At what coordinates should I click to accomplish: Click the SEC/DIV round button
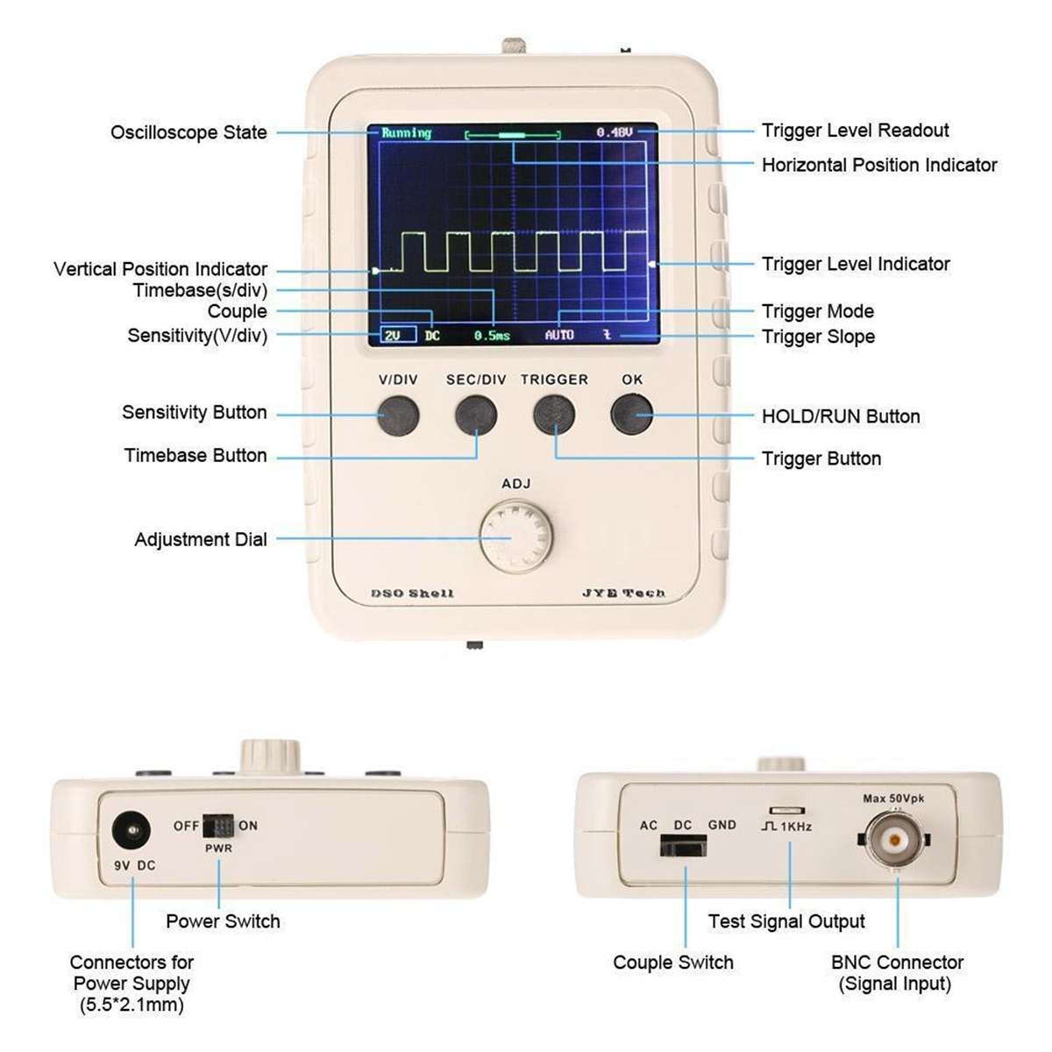click(476, 415)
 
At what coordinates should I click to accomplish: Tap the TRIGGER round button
click(554, 415)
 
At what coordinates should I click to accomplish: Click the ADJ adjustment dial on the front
click(516, 536)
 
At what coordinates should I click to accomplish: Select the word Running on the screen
click(406, 133)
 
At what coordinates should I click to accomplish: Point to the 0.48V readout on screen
click(615, 132)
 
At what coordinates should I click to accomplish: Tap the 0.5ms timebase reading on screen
click(492, 336)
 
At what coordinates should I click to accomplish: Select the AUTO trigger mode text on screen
click(559, 335)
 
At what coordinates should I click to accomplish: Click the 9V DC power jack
click(131, 829)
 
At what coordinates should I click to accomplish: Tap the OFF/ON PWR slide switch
click(218, 826)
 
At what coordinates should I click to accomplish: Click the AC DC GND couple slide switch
click(683, 846)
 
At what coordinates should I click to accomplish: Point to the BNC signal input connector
click(895, 840)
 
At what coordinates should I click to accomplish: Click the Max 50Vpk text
click(893, 799)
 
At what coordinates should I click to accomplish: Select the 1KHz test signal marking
click(787, 827)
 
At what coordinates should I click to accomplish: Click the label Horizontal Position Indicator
click(879, 165)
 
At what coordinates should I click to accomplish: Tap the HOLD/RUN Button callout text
click(841, 416)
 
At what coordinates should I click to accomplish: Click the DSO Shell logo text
click(413, 594)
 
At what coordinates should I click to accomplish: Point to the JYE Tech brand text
click(623, 594)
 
